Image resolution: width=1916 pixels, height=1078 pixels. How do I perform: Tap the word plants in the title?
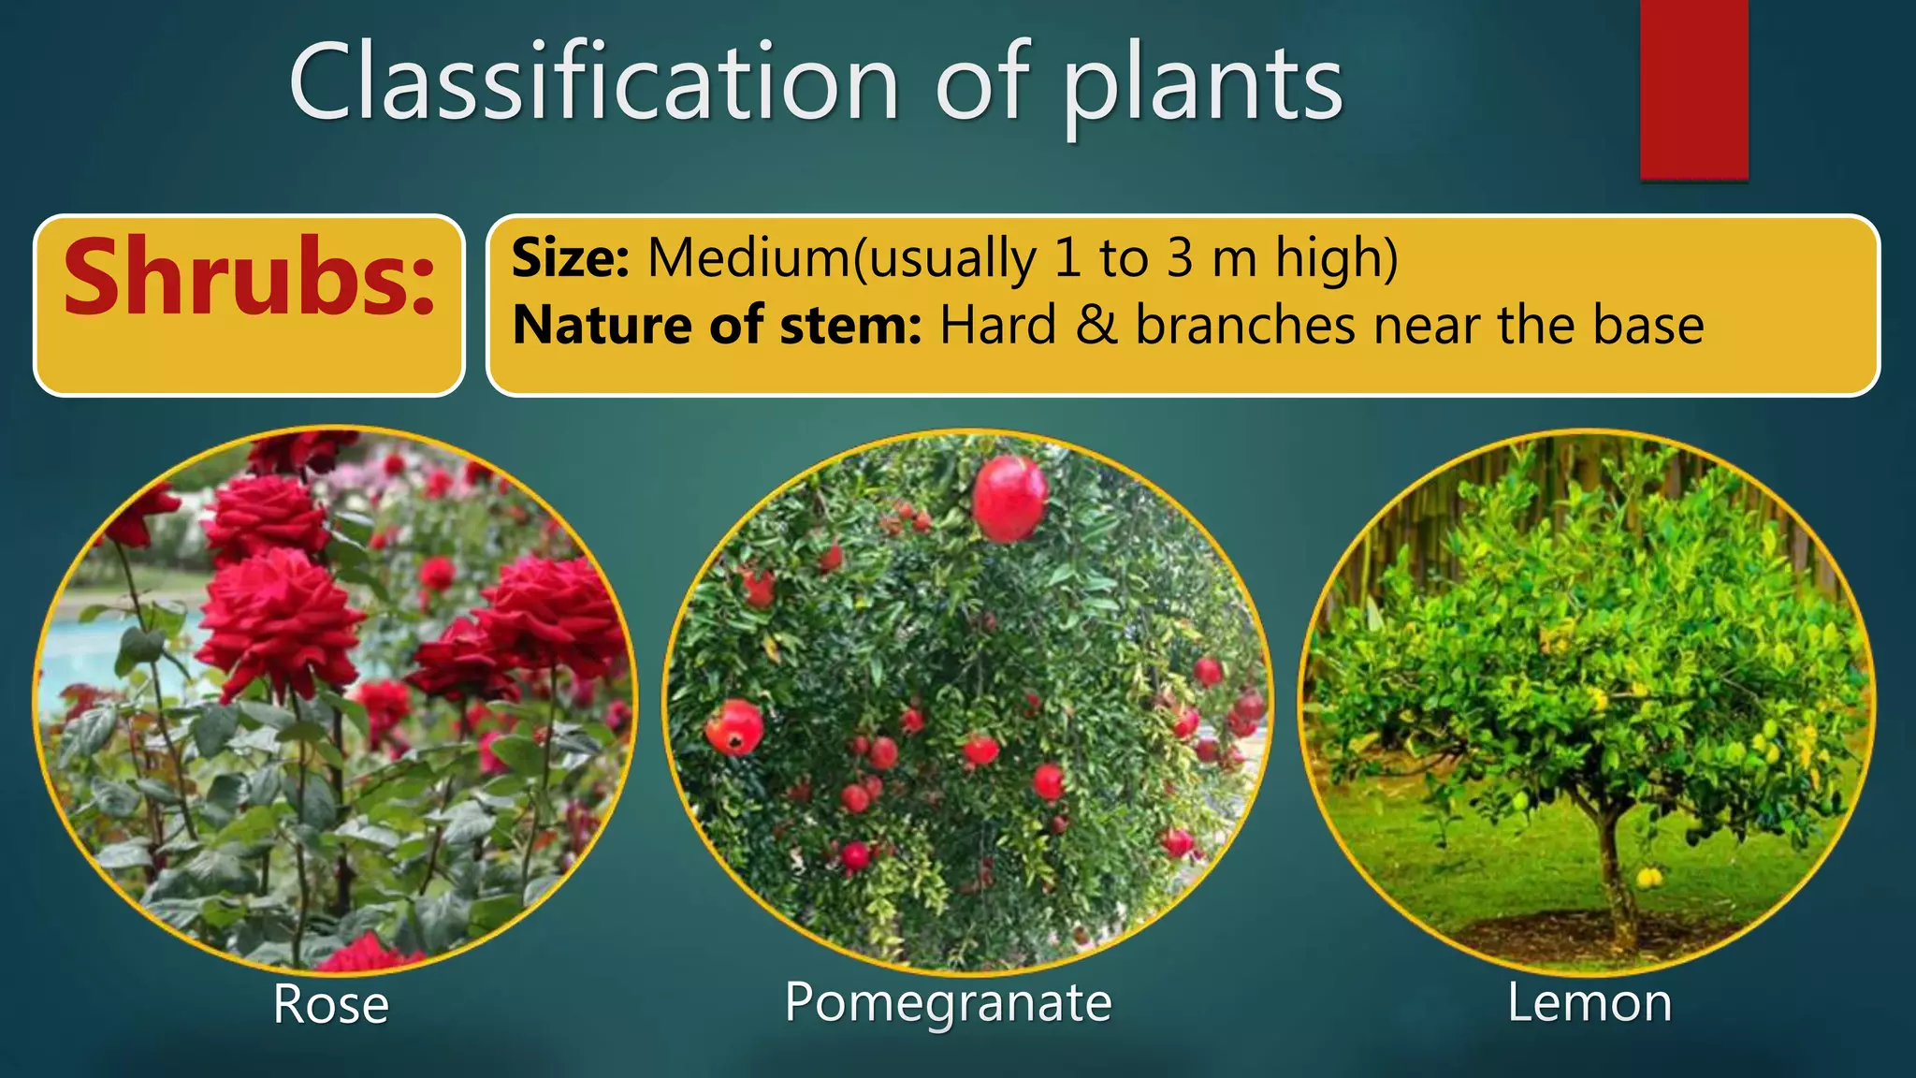click(x=1201, y=86)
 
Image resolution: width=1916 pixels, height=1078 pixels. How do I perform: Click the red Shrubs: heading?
click(x=249, y=277)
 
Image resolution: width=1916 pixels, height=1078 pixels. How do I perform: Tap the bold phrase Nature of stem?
click(x=717, y=325)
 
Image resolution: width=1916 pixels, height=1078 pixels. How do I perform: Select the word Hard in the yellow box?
click(x=997, y=325)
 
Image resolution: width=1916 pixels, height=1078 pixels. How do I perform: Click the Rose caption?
click(x=330, y=1004)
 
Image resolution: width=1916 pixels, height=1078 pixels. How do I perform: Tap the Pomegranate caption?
click(x=948, y=1002)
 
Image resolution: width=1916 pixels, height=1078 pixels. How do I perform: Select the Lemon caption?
click(x=1589, y=1002)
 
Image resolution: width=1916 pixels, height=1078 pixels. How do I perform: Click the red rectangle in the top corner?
click(x=1693, y=89)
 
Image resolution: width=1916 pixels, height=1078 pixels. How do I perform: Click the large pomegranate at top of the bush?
click(x=1009, y=499)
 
